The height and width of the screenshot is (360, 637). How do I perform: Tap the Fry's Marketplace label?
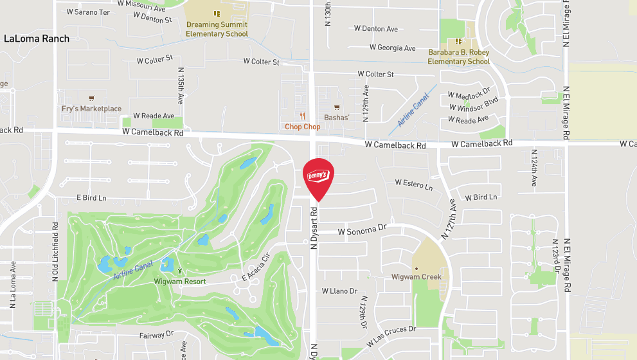coord(91,109)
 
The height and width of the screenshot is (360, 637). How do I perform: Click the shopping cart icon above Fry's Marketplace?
coord(91,98)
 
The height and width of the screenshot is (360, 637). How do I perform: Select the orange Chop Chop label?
coord(302,127)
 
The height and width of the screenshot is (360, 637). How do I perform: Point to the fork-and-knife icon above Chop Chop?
coord(302,116)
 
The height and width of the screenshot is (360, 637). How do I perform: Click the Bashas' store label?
coord(336,118)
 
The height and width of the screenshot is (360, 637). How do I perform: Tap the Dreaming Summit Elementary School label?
coord(217,29)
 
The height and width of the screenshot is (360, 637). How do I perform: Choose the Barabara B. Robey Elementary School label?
coord(459,57)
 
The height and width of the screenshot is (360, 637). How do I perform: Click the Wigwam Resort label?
coord(180,282)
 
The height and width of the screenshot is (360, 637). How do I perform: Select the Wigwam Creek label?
coord(417,277)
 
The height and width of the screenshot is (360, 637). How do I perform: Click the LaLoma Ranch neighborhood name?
coord(36,39)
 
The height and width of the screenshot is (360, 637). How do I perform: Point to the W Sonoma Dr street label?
coord(362,228)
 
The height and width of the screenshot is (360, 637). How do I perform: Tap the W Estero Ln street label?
coord(413,184)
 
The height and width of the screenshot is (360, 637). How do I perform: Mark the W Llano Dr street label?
coord(339,291)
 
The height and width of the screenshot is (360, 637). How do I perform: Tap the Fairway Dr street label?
coord(156,335)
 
